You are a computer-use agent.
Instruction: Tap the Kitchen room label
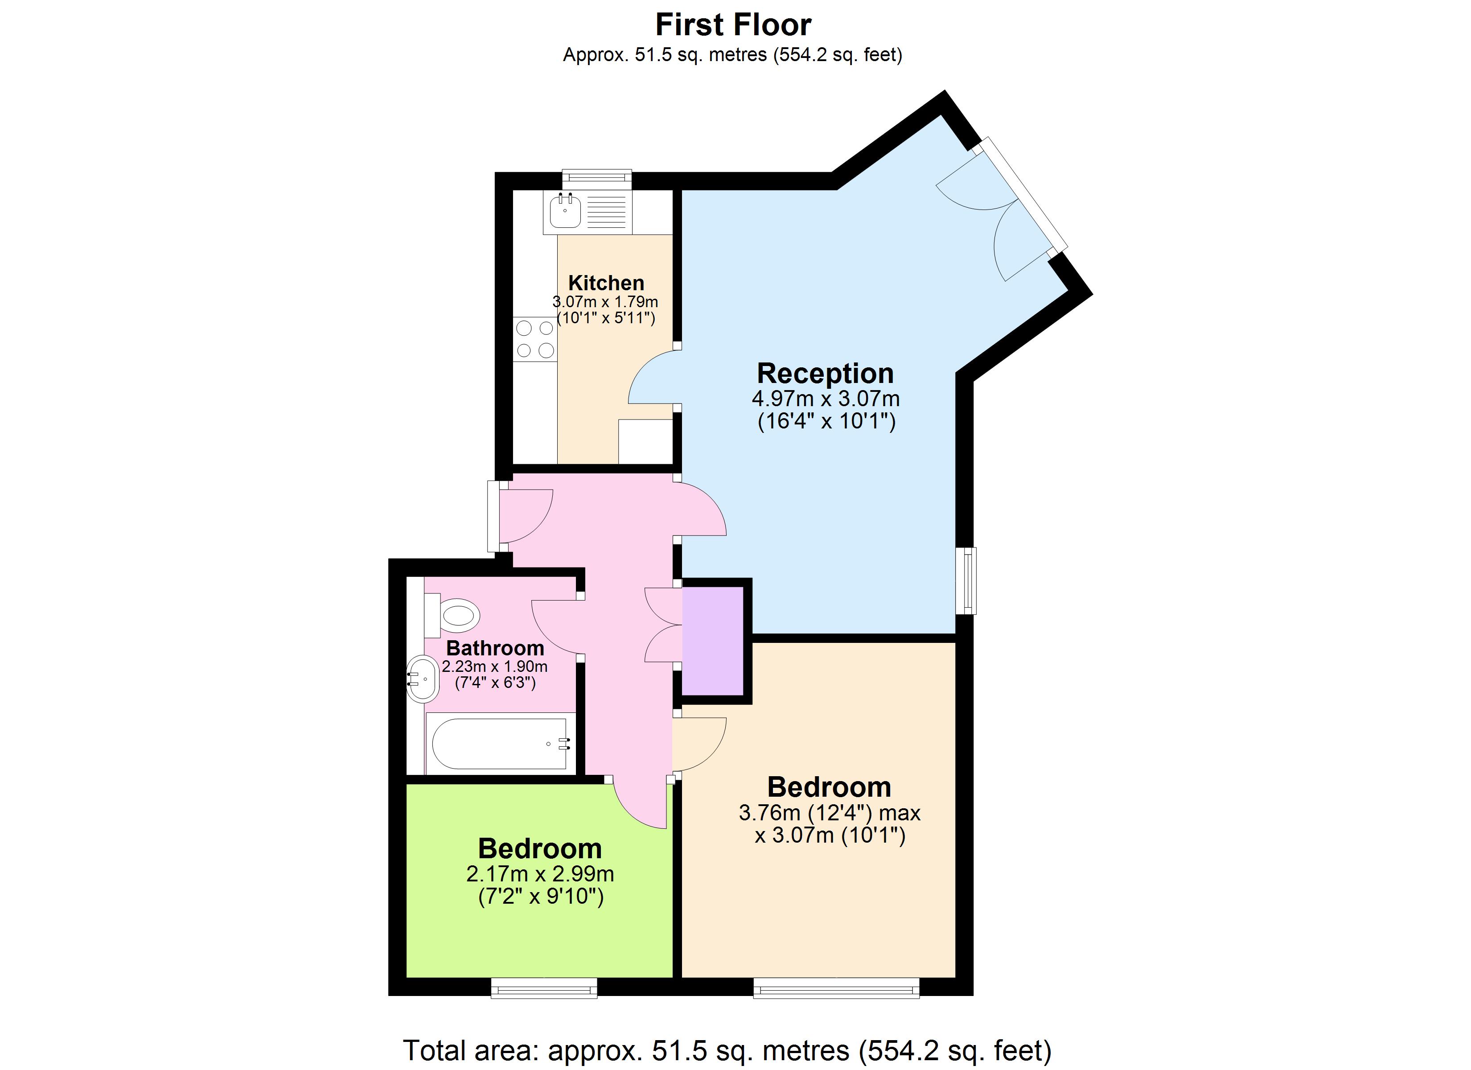pyautogui.click(x=606, y=283)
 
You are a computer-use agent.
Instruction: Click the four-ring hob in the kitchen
pyautogui.click(x=535, y=339)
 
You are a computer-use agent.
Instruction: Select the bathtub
pyautogui.click(x=499, y=744)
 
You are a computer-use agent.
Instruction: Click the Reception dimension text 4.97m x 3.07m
pyautogui.click(x=826, y=399)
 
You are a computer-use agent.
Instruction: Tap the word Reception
pyautogui.click(x=825, y=374)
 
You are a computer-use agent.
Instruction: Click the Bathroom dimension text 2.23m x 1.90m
pyautogui.click(x=494, y=667)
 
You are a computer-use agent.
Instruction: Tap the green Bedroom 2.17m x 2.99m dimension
pyautogui.click(x=540, y=874)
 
